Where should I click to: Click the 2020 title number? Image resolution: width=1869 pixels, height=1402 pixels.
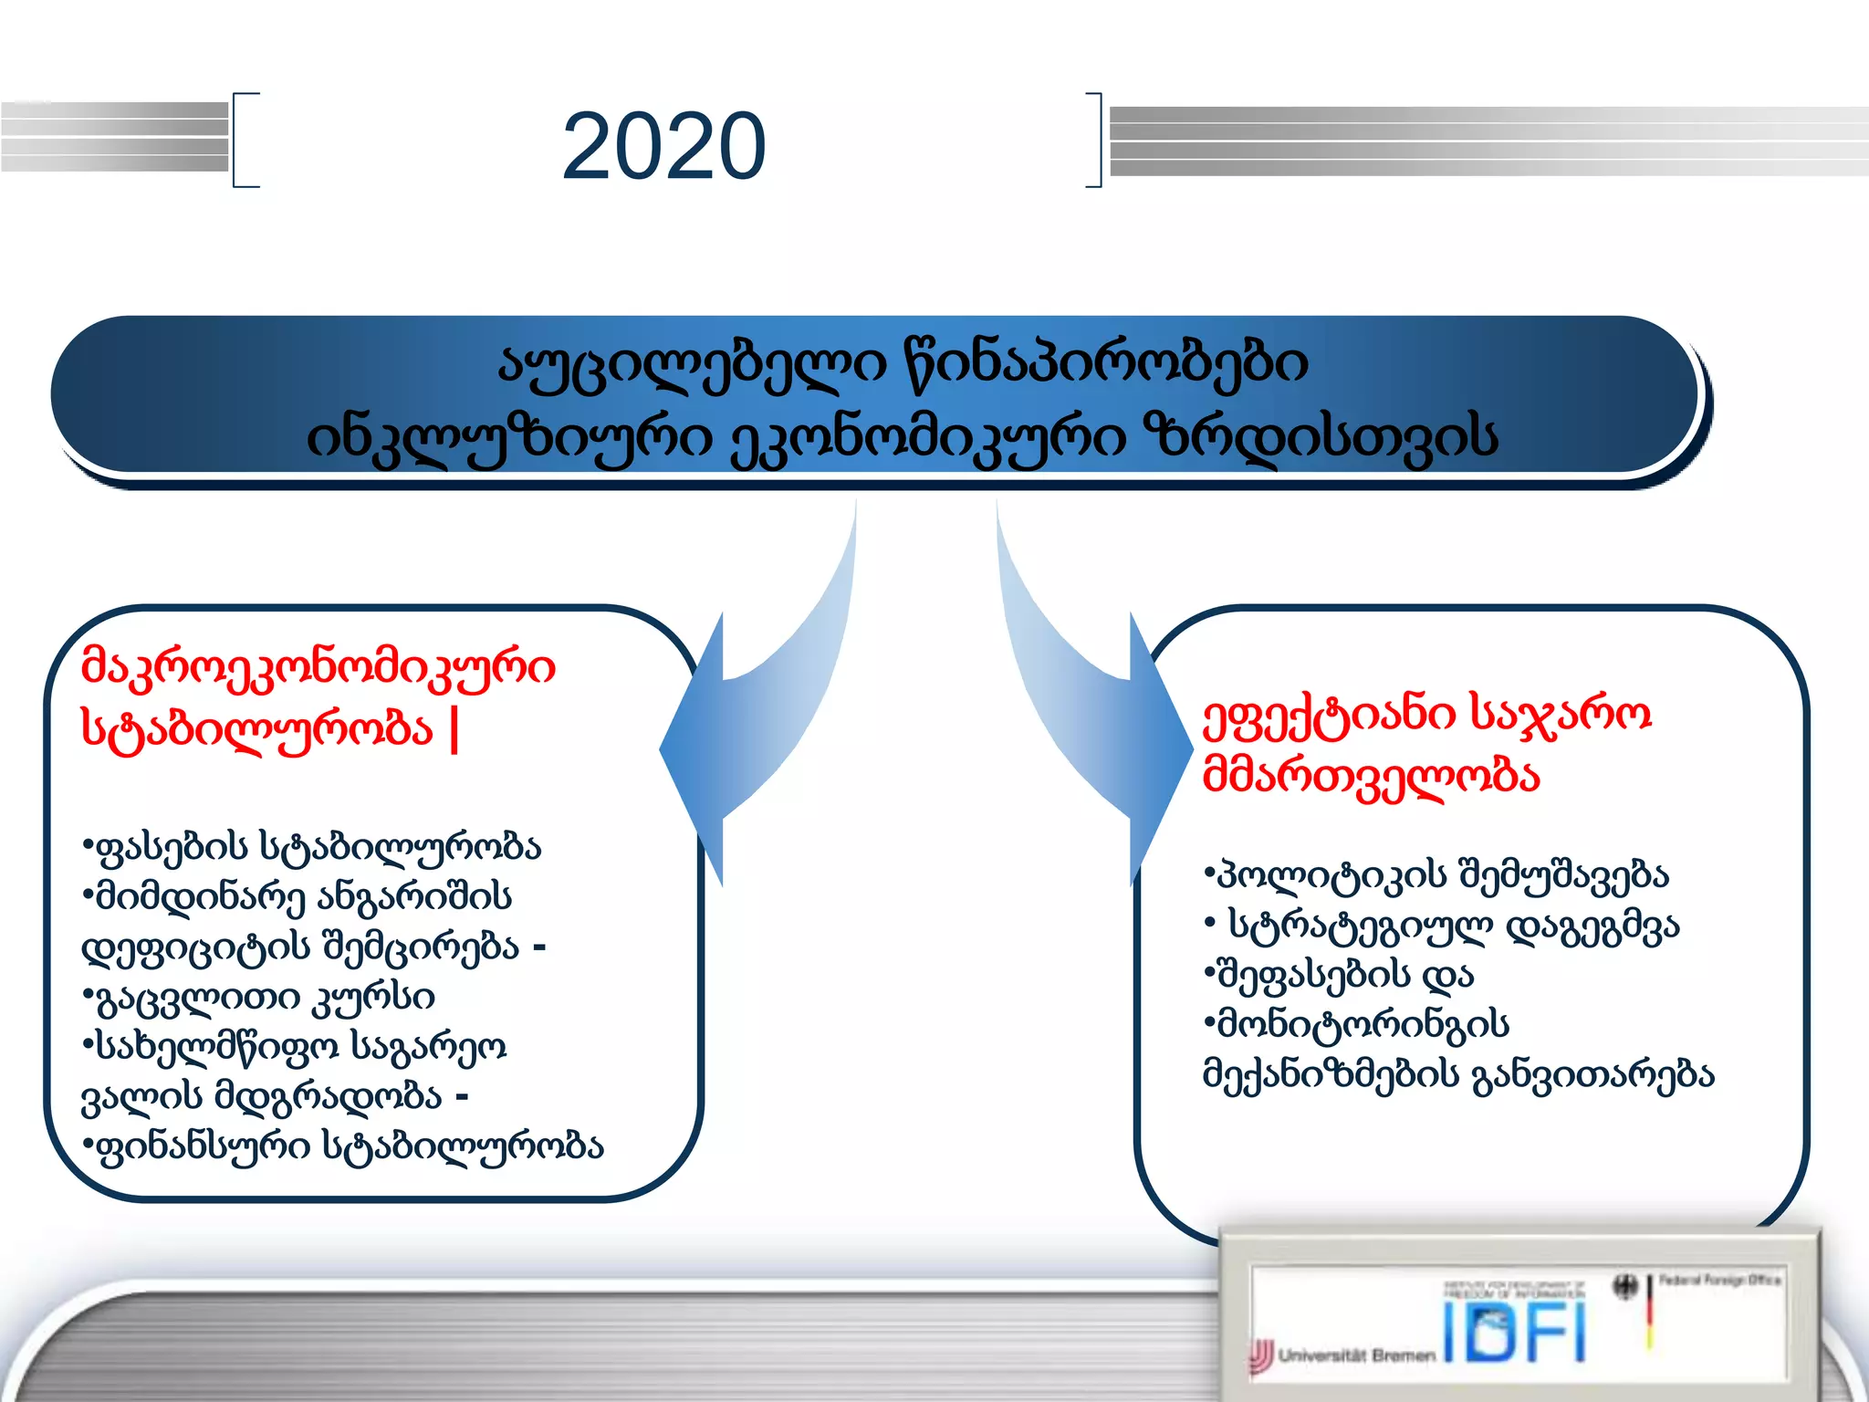(x=663, y=146)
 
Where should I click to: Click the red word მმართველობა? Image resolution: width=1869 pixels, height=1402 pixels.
(x=1371, y=777)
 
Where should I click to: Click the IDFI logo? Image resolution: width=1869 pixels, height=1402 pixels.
(x=1515, y=1332)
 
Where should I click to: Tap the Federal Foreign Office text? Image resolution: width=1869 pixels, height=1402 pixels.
(x=1719, y=1280)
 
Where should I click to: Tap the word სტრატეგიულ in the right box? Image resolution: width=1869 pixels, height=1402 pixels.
(x=1361, y=926)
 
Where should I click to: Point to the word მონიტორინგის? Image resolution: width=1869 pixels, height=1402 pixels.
(x=1361, y=1025)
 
